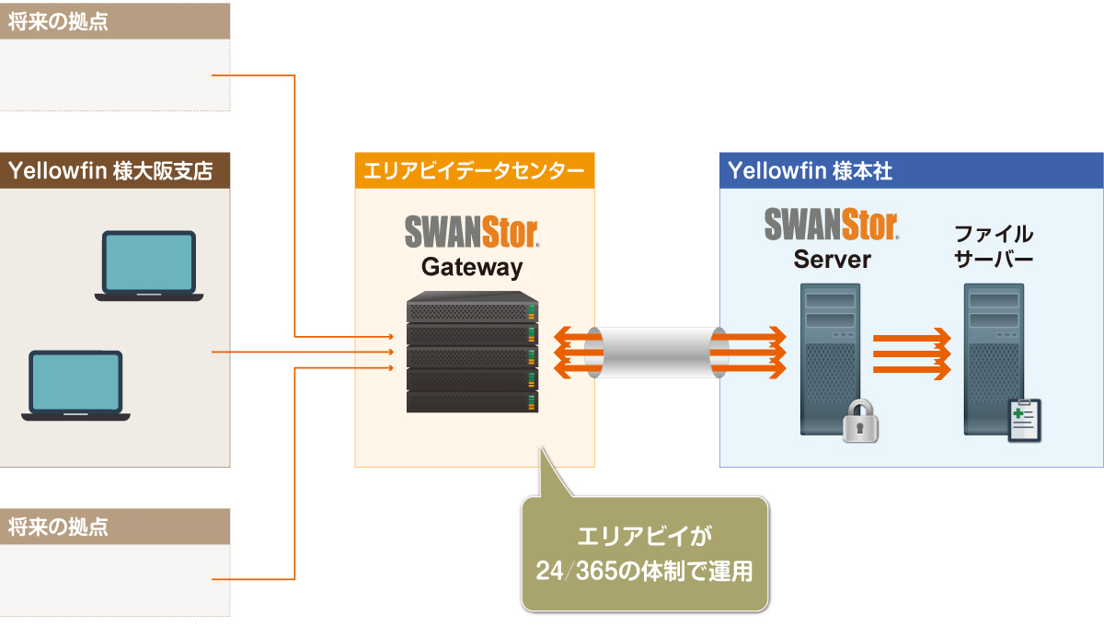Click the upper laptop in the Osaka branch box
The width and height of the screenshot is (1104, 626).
tap(149, 265)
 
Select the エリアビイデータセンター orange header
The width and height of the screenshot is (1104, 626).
tap(474, 171)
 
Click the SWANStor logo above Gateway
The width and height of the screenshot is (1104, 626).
tap(472, 230)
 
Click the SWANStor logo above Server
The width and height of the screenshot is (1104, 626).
tap(832, 224)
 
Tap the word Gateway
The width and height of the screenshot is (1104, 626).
tap(472, 268)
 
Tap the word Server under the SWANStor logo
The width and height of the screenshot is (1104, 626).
tap(832, 260)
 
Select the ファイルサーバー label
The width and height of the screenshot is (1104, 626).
tap(994, 246)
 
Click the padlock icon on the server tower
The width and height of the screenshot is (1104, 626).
tap(860, 422)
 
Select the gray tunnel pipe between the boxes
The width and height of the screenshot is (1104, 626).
tap(656, 353)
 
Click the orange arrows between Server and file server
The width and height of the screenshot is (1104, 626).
tap(910, 353)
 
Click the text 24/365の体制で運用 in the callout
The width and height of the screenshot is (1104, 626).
tap(644, 572)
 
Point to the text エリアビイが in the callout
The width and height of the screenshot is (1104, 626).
tap(644, 537)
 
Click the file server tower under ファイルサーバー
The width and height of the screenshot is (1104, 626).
tap(994, 354)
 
